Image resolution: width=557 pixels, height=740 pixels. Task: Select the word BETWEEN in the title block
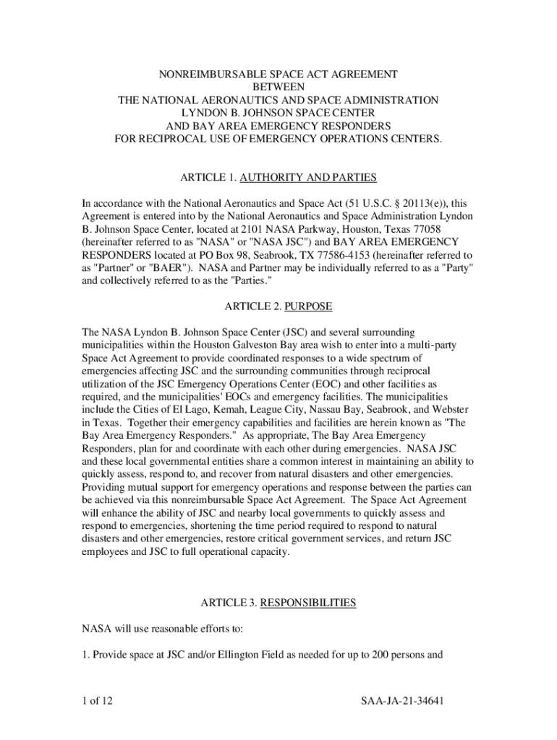278,87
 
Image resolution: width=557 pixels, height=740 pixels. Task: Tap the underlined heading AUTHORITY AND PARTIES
308,178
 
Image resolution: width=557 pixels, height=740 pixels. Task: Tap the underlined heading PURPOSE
309,306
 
